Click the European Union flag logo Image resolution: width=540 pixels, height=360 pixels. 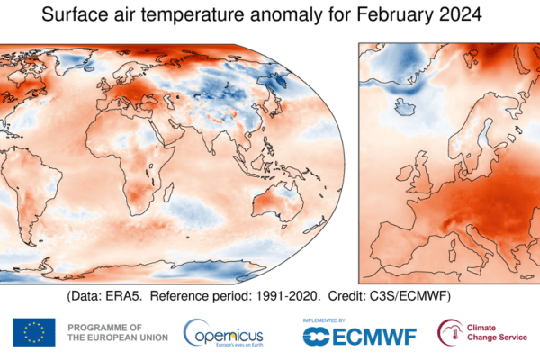point(33,332)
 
